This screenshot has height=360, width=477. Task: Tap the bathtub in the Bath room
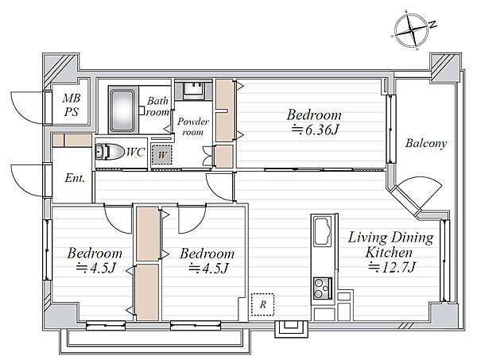tap(122, 110)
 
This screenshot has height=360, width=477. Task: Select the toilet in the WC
tap(109, 152)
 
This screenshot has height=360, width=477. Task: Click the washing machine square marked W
tap(162, 155)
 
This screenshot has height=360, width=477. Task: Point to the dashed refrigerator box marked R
tap(263, 304)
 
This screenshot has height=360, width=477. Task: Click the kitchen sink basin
tap(323, 232)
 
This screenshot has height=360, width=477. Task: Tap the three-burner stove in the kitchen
tap(323, 288)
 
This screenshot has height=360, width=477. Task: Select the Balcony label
tap(426, 143)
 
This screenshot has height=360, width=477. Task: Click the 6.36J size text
tap(315, 130)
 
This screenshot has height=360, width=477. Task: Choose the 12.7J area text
tap(392, 268)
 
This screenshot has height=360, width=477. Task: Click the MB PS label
tap(72, 105)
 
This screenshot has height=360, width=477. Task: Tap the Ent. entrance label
tap(75, 178)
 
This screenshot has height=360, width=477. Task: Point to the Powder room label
tap(193, 126)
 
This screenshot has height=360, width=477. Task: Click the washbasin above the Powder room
tap(193, 90)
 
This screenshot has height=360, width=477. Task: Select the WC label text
tap(135, 152)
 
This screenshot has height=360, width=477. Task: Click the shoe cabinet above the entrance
tap(72, 141)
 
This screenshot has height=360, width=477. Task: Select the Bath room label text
tap(157, 106)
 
